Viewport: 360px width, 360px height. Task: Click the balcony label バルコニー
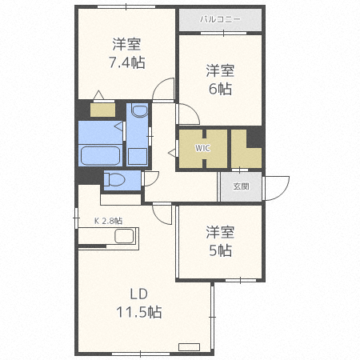tap(219, 18)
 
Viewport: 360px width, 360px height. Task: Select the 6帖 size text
tap(221, 90)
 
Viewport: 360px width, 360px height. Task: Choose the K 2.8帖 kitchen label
tap(108, 220)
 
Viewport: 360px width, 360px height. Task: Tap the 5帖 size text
tap(220, 250)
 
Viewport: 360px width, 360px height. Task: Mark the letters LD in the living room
tap(140, 293)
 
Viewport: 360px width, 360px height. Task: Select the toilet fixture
tap(114, 179)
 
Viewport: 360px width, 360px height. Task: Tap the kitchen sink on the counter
tap(124, 237)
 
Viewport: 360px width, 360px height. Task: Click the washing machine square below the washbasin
tap(137, 155)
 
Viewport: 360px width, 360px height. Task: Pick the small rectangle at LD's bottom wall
tap(189, 346)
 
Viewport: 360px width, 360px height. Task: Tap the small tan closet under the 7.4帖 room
tap(102, 110)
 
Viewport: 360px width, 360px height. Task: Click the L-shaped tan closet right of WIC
tap(244, 147)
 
